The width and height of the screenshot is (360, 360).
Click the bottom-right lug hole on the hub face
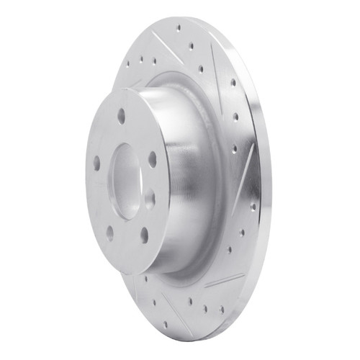pyautogui.click(x=144, y=234)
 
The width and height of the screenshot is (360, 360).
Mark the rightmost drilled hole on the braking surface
pyautogui.click(x=253, y=206)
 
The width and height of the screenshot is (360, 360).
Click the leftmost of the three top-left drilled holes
pyautogui.click(x=128, y=63)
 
